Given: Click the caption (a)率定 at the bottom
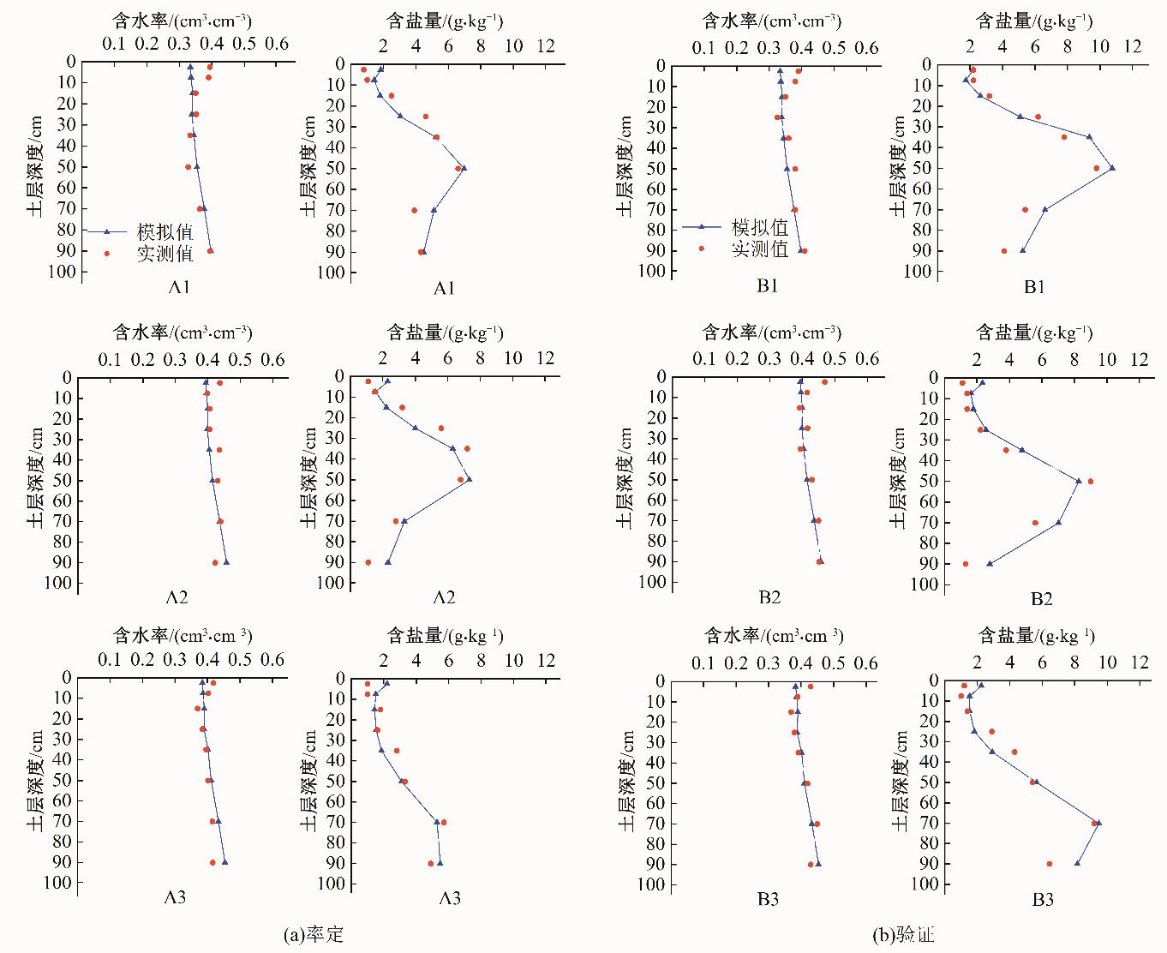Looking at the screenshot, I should [x=313, y=934].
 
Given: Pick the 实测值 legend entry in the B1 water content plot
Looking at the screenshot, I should [x=759, y=249].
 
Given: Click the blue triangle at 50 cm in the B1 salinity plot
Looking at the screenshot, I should [x=1112, y=168].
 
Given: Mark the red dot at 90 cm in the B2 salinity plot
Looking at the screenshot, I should [x=966, y=564].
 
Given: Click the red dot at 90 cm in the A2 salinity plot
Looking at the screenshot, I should [x=368, y=562].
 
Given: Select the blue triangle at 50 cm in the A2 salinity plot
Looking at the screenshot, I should [x=469, y=479].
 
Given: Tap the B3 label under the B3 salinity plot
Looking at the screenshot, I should [x=1042, y=900].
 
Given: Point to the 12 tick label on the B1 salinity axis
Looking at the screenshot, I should [x=1133, y=46].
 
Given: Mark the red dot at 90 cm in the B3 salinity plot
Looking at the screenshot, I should [x=1049, y=864].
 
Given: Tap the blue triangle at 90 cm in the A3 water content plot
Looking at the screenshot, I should [x=224, y=862].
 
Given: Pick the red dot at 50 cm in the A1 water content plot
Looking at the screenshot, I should [x=188, y=167].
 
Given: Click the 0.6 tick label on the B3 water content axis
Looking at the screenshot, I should [x=866, y=664].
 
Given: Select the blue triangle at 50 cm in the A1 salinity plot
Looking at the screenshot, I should [x=464, y=167].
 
